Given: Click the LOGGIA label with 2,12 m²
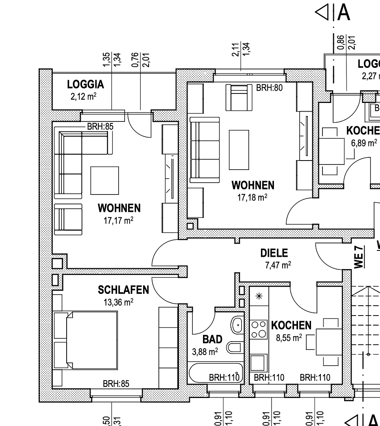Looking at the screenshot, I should [x=85, y=84].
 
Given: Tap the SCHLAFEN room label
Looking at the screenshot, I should [x=123, y=290].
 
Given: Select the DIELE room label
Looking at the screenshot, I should [x=274, y=253].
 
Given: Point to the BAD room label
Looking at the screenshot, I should [x=212, y=339].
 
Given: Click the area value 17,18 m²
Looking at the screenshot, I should [x=252, y=197].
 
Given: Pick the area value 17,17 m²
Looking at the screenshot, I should [x=118, y=220].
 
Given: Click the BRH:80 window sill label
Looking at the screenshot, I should [x=269, y=88].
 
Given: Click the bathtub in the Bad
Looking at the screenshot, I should [x=215, y=374].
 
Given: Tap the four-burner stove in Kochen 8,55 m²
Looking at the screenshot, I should [x=259, y=329].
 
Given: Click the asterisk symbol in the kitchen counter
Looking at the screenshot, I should [x=259, y=296].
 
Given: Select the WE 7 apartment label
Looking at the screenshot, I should [x=358, y=257].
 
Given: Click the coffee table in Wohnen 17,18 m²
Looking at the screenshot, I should [x=239, y=149].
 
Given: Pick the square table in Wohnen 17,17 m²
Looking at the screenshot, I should [x=104, y=180].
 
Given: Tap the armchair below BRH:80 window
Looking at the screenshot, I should [x=239, y=98].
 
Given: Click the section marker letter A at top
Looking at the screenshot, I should [x=343, y=13].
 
